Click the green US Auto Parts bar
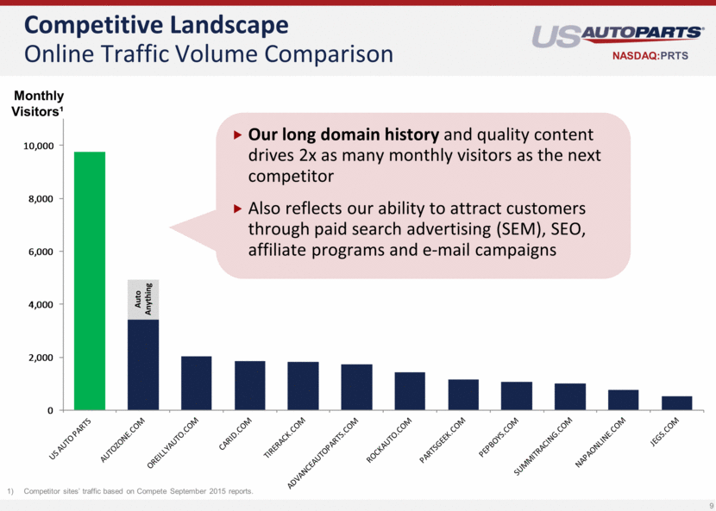90,281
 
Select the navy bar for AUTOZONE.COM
143,365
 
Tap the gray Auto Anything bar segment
143,299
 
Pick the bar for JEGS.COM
676,402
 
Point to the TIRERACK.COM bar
303,385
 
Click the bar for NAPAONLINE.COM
623,400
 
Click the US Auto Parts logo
618,36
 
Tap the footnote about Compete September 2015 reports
139,491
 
